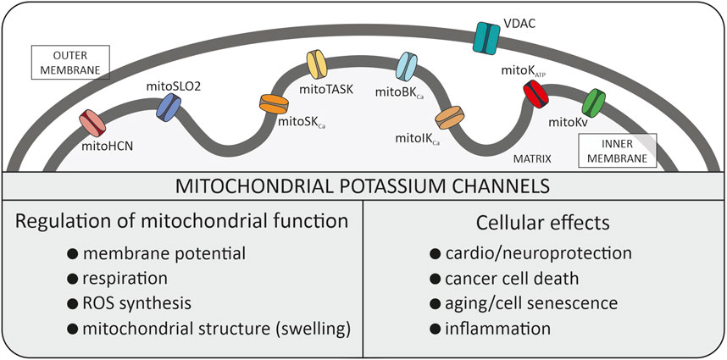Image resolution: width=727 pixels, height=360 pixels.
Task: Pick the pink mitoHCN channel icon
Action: click(x=92, y=124)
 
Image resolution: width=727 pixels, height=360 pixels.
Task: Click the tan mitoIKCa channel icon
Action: click(x=447, y=114)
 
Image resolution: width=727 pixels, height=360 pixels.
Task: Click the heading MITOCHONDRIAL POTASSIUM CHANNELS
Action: click(x=363, y=185)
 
